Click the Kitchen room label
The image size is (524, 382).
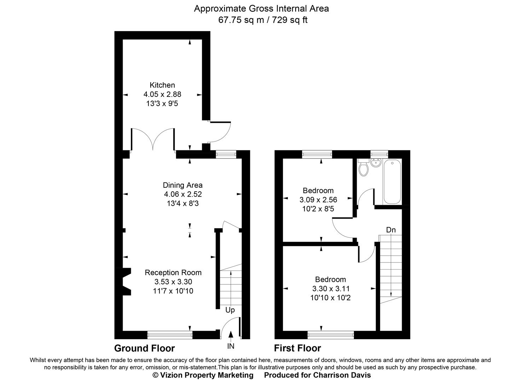[162, 85]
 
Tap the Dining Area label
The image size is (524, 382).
[182, 185]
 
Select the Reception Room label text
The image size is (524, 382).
[173, 273]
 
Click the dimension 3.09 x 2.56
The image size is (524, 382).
[318, 200]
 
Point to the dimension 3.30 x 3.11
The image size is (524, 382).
[331, 289]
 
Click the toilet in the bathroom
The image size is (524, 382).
[363, 169]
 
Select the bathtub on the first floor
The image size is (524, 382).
[392, 182]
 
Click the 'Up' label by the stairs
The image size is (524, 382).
[230, 310]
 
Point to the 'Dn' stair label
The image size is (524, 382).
[391, 230]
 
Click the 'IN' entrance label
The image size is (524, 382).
[231, 346]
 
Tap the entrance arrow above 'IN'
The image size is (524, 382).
[231, 335]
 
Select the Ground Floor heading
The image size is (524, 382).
[144, 348]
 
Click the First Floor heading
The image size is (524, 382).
[297, 348]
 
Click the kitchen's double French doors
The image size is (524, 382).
[152, 139]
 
